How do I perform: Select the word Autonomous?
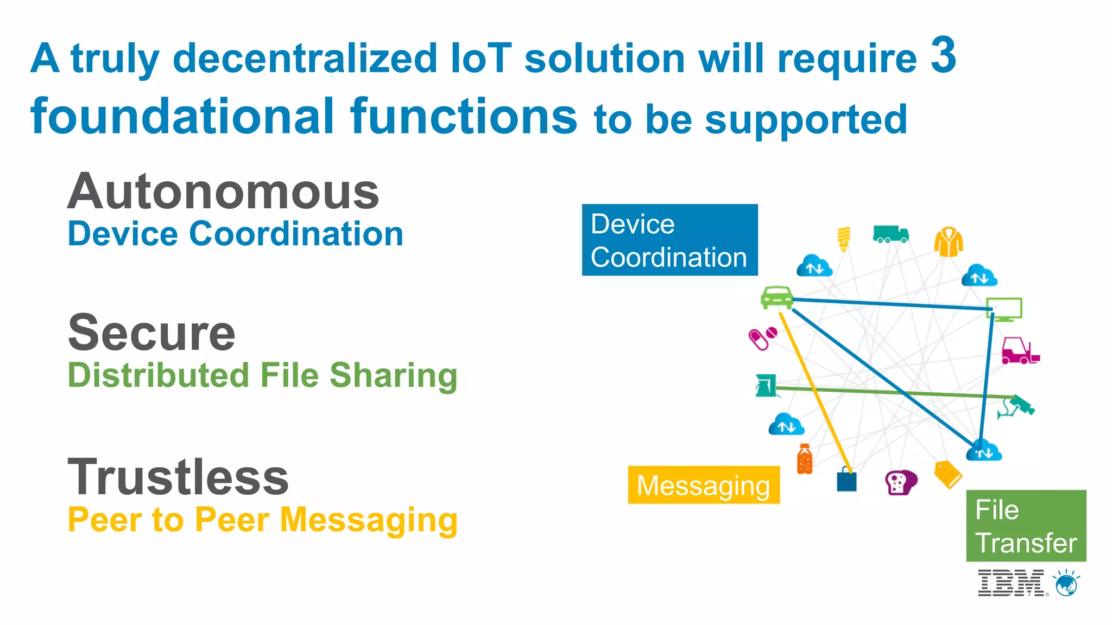(223, 192)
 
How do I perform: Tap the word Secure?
(151, 333)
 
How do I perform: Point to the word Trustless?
(178, 477)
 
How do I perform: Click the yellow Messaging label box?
(703, 485)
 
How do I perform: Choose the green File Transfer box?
(1026, 526)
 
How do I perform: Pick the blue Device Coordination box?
(669, 240)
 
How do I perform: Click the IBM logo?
(1010, 583)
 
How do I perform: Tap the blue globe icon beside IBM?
(1066, 584)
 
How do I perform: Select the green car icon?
(776, 297)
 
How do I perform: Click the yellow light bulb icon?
(844, 239)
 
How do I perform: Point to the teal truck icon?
(890, 234)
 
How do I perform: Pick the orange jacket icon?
(949, 242)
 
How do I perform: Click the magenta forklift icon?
(1020, 351)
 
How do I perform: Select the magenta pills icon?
(762, 338)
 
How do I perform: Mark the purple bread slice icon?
(900, 482)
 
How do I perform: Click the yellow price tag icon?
(948, 474)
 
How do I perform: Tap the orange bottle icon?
(805, 459)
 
